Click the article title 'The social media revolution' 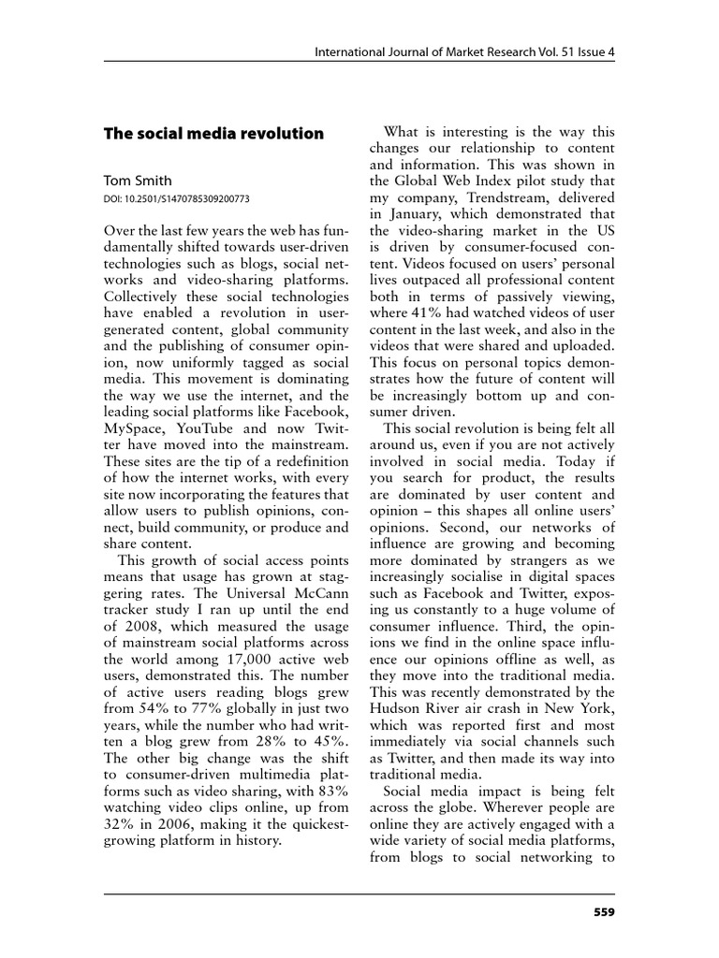(213, 134)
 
